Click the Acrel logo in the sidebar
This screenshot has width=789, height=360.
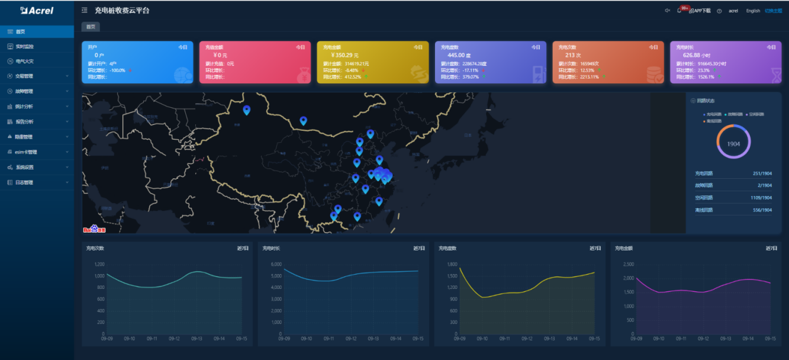pos(37,10)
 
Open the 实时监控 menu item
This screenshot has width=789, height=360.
pos(25,46)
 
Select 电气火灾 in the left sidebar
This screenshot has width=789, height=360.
pos(25,61)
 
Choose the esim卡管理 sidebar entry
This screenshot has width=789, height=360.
pos(27,152)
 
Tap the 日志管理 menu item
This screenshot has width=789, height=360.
pos(24,182)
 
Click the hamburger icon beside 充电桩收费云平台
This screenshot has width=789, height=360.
pos(85,10)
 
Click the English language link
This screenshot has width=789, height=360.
pos(753,11)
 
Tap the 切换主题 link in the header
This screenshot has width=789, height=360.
pos(773,11)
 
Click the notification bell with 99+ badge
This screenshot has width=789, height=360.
pos(679,11)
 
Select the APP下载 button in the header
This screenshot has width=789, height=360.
pos(700,11)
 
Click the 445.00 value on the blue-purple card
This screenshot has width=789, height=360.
pos(459,55)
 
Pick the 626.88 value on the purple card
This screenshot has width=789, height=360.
pos(695,55)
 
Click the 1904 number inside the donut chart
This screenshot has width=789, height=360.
pos(733,144)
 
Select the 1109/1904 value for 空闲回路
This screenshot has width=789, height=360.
pos(761,198)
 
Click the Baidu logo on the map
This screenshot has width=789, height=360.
pos(94,229)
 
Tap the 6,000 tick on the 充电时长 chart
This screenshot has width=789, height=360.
pos(276,265)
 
